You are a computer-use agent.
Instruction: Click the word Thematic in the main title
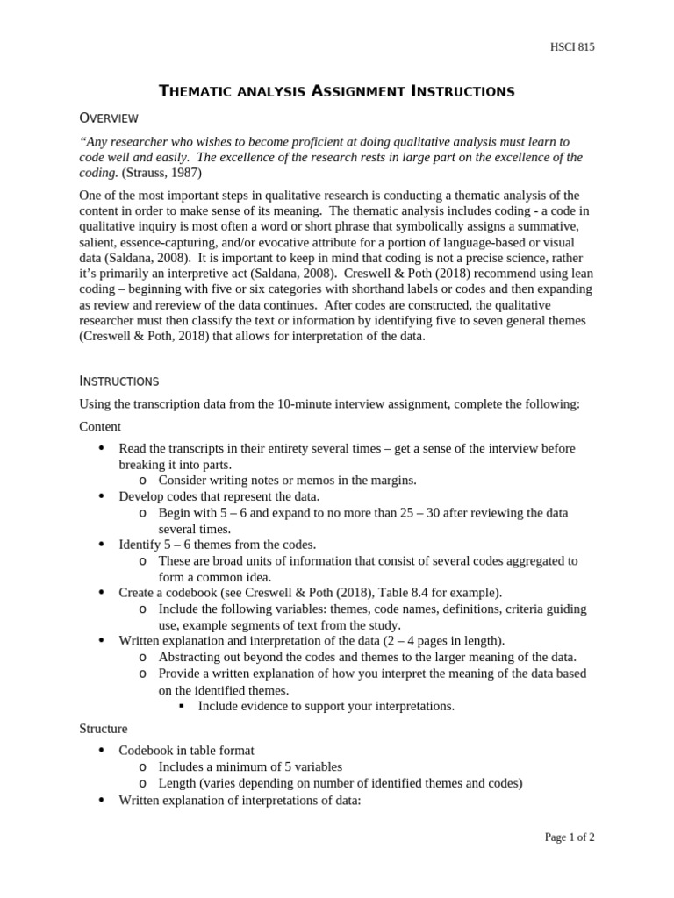click(201, 90)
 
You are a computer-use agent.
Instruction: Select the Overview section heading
click(108, 118)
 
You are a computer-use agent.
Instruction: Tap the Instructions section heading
click(118, 381)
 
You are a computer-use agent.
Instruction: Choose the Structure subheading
click(104, 728)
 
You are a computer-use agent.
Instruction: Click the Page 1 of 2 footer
click(570, 837)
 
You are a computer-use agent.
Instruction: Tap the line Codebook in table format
click(187, 750)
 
